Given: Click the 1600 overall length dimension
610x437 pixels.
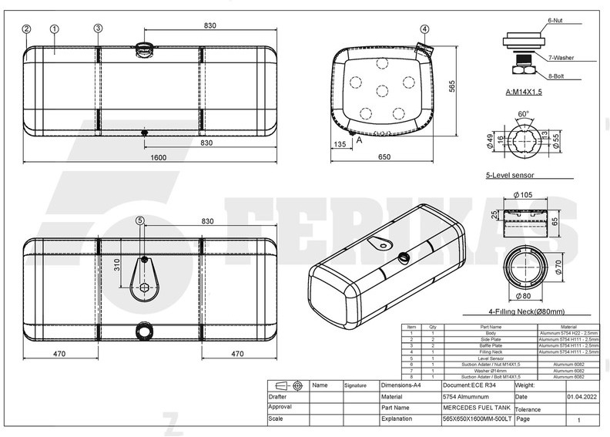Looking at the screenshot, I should pos(157,158).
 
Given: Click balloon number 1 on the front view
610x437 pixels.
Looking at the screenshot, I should pos(55,29).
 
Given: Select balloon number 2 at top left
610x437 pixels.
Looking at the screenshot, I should pos(26,29).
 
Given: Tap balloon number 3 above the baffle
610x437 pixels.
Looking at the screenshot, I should pos(98,29).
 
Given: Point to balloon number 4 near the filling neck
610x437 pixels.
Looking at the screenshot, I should pos(424,29).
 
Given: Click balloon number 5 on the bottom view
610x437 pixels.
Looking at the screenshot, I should pos(139,220).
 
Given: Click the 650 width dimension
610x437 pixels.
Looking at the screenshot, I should pos(384,157).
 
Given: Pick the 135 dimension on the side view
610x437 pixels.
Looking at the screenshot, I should pos(340,143).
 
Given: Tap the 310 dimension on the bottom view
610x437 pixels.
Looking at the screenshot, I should pos(117,264).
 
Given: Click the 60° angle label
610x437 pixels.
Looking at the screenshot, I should pos(523,113).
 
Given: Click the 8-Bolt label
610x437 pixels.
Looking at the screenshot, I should pos(558,76).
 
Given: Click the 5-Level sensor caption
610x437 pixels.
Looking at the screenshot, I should pos(510,176).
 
